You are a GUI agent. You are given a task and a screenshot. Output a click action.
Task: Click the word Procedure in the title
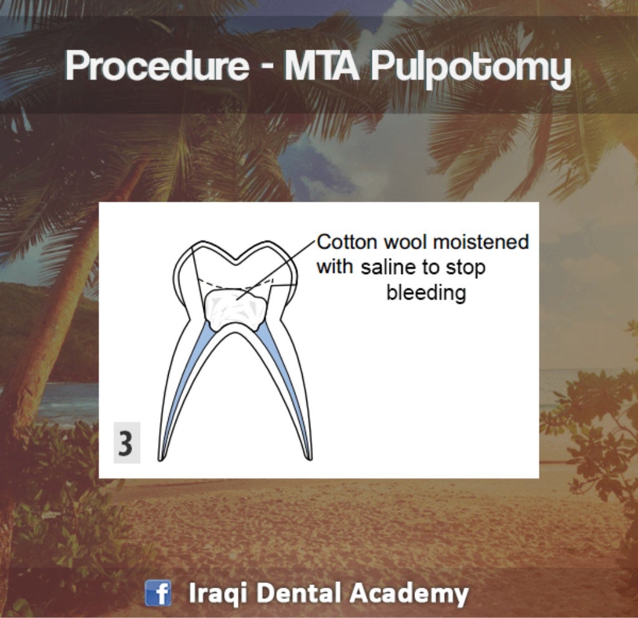(x=156, y=67)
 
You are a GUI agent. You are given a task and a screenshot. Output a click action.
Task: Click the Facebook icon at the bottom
(x=158, y=593)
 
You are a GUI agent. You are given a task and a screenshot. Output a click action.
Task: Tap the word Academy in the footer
(x=409, y=593)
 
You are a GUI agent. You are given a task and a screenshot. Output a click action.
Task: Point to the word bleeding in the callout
(x=426, y=293)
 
